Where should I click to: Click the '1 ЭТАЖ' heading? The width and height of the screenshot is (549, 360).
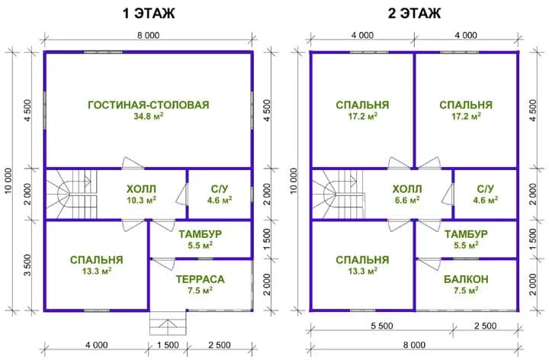coord(149,13)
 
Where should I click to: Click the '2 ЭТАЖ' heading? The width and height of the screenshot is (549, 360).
coord(414,13)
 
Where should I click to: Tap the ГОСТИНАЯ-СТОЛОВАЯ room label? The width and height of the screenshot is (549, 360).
coord(149,104)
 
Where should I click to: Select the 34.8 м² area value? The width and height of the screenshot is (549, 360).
coord(149,116)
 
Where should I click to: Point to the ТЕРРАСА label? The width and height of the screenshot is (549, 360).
coord(200,279)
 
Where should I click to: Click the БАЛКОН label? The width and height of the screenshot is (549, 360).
coord(466,279)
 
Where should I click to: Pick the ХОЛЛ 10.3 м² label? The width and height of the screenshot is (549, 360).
coord(142,194)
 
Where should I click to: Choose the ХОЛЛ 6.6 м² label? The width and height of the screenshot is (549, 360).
coord(407,194)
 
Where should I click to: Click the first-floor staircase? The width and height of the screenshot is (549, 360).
coord(72,194)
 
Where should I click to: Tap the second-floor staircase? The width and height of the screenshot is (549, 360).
coord(338,194)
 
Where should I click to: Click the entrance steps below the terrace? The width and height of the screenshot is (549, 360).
coord(168,323)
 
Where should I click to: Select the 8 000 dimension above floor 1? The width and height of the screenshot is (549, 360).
coord(148,35)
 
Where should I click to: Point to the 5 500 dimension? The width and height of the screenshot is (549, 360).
coord(382,326)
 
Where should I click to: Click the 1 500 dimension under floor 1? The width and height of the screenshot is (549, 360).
coord(168,345)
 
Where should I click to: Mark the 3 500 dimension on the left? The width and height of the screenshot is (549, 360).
coord(27,265)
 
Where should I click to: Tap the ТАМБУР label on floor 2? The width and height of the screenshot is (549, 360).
coord(466,234)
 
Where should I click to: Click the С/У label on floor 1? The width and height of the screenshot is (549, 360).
coord(220,188)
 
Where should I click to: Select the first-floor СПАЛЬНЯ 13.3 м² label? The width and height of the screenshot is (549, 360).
coord(97,265)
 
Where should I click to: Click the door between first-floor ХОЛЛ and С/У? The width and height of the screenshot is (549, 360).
coord(183,194)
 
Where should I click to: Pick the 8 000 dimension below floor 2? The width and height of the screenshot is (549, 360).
coord(414,345)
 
